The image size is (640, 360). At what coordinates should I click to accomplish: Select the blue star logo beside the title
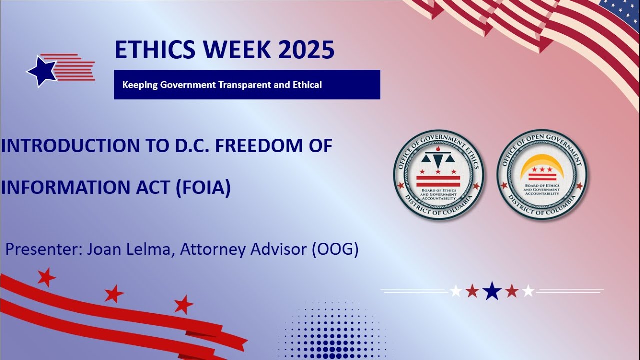(x=42, y=71)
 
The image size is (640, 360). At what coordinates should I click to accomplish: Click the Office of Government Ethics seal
(x=438, y=175)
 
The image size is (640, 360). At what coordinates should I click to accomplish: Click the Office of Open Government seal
(x=542, y=175)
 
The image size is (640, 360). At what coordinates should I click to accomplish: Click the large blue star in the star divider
(x=492, y=290)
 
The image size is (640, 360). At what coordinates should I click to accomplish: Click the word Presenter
(x=44, y=249)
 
